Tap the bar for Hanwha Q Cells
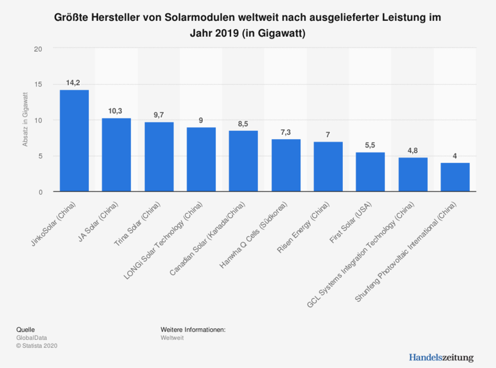[285, 166]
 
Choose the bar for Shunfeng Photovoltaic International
[455, 177]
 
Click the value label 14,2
[74, 83]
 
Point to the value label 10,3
[116, 111]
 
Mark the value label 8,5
[243, 124]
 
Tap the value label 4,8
[413, 150]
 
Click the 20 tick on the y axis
[38, 49]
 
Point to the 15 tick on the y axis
[38, 85]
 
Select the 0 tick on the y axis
[40, 192]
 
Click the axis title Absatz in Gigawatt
[25, 120]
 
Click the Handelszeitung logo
[441, 358]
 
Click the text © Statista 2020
[37, 345]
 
